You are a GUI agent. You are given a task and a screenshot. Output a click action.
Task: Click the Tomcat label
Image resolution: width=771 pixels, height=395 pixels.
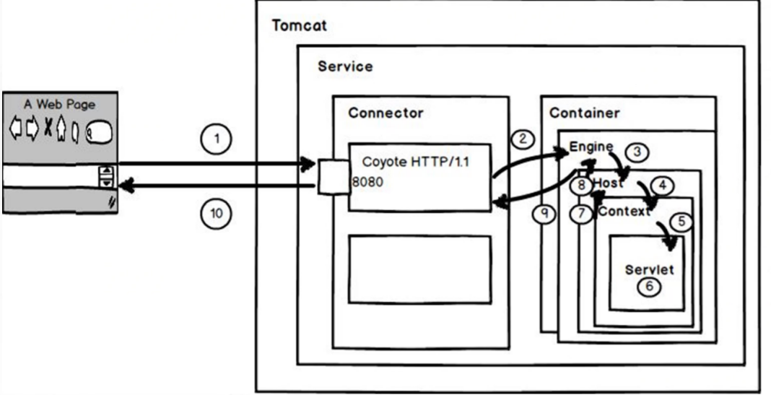pos(299,25)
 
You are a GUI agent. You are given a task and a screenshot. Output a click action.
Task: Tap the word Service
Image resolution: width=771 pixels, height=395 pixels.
pos(345,66)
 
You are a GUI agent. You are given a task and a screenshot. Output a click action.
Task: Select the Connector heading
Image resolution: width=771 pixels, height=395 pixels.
pos(385,113)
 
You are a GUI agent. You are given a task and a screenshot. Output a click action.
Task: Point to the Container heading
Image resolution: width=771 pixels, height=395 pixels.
pos(584,113)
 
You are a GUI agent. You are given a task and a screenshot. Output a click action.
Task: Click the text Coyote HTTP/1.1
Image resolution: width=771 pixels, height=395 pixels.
pos(416,162)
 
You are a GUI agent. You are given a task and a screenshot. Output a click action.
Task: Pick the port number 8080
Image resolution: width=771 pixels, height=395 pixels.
pos(367,182)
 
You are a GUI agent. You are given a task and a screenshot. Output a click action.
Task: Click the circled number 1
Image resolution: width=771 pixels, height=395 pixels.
pos(216,139)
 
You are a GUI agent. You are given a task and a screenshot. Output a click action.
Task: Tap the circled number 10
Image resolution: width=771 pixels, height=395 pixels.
pos(216,214)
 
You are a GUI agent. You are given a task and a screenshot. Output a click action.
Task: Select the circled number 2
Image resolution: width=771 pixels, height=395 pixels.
pos(522,139)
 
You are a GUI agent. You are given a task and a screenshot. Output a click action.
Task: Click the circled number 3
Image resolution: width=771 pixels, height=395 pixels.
pos(637,152)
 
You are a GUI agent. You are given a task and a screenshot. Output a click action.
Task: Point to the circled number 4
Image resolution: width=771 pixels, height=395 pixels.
pos(662,186)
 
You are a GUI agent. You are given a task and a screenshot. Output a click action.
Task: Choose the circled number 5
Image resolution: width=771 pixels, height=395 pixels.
pos(681,222)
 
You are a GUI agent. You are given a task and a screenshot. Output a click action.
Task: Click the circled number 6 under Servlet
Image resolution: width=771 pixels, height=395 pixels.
pos(648,286)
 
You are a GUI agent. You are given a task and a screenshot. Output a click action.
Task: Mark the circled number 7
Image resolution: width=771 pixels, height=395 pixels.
pos(582,214)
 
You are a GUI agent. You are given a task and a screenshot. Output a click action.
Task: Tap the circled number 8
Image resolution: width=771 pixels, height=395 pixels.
pos(582,186)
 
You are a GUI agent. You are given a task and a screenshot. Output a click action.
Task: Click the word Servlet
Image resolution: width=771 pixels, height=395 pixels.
pos(649,269)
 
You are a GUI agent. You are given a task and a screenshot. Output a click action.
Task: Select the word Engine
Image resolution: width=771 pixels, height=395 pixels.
pos(591,147)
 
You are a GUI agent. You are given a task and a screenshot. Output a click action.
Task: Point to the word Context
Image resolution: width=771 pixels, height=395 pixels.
pos(624,212)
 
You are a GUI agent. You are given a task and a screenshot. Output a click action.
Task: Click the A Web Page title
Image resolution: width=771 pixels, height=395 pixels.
pos(59,104)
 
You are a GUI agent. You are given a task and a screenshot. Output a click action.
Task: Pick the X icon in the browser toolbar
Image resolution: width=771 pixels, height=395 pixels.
pos(48,128)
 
